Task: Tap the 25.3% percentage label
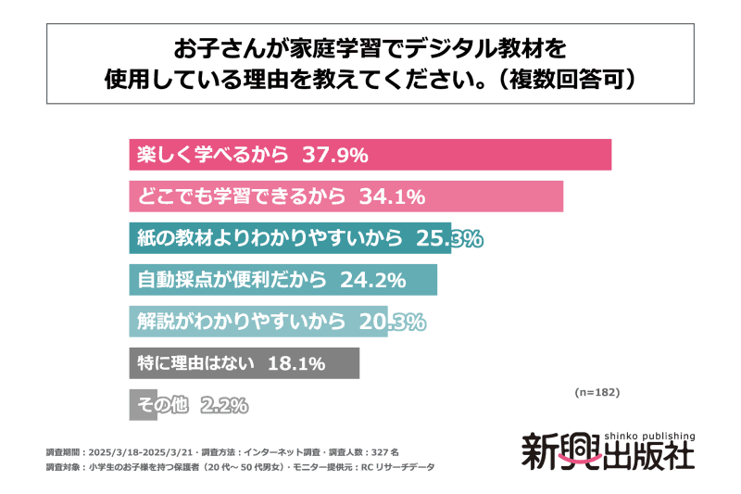(x=448, y=239)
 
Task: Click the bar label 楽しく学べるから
(x=212, y=155)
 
